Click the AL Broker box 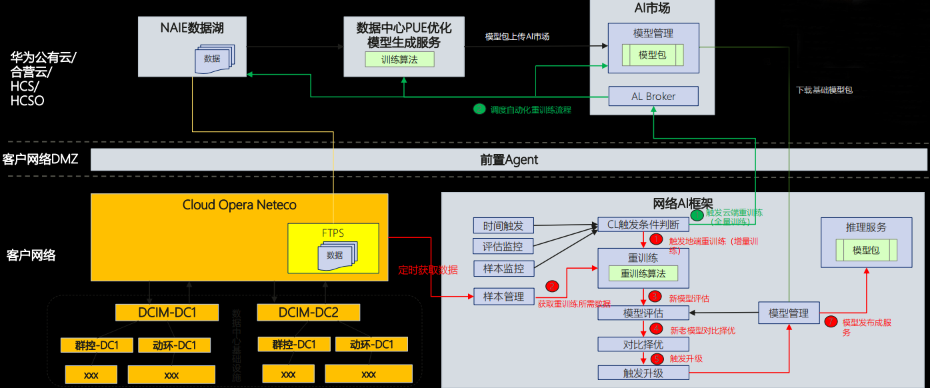click(653, 96)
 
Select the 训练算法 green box click(399, 59)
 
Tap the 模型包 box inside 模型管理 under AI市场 click(652, 55)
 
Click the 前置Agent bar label click(509, 160)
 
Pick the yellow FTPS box click(333, 248)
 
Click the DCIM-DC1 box click(167, 312)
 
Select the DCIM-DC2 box click(309, 312)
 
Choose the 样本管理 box click(503, 296)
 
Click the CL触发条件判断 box click(643, 225)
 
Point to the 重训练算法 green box click(643, 273)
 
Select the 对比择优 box click(643, 344)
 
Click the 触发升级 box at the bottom click(643, 373)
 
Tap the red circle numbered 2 click(552, 286)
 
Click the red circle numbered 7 click(831, 321)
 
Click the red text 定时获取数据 click(427, 270)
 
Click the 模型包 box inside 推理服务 click(866, 251)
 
